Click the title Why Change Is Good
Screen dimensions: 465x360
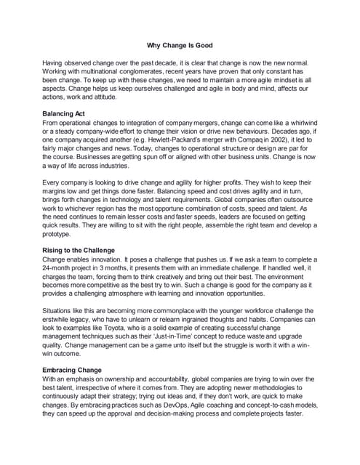180,46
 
